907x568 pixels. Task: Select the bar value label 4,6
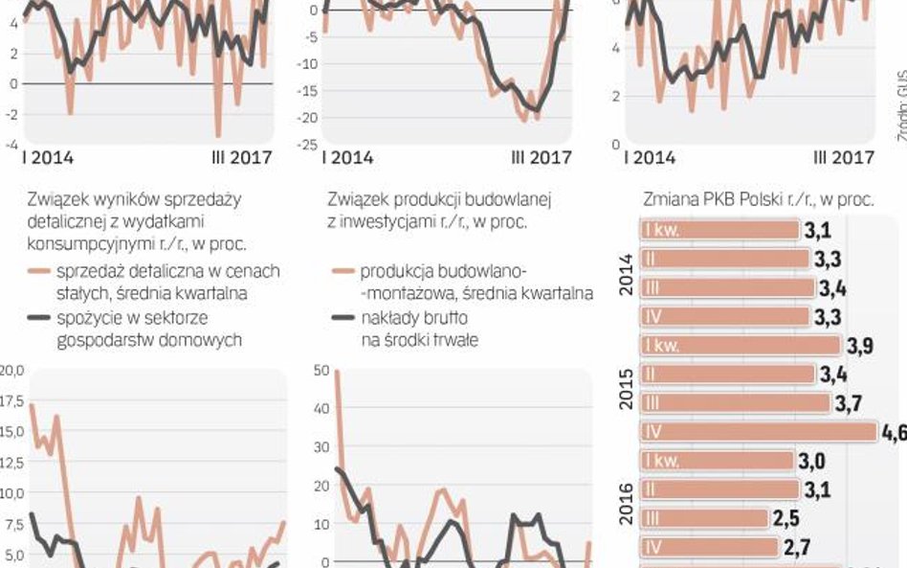tap(895, 432)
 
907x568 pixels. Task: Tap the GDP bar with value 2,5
tap(703, 518)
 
